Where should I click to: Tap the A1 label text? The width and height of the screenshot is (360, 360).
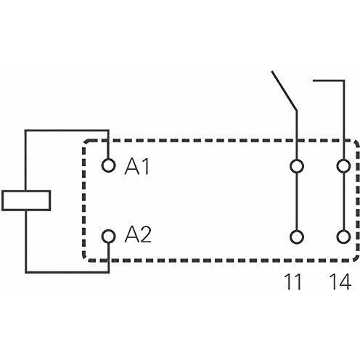[137, 166]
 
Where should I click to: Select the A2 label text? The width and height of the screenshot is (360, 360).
[138, 234]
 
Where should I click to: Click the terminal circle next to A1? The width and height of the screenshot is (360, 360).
[108, 165]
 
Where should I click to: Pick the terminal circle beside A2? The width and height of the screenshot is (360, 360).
[108, 236]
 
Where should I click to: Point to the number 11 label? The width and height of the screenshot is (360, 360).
[293, 282]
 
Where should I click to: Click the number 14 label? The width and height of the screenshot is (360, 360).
[340, 282]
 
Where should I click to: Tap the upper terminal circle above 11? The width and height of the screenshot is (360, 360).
[297, 166]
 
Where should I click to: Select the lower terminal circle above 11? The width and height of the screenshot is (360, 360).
[297, 237]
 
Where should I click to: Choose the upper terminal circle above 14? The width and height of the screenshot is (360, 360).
[343, 166]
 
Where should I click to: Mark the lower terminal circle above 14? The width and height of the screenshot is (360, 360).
[343, 237]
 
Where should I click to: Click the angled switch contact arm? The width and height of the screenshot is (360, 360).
[284, 91]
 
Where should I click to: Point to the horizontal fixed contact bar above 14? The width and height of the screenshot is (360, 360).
[329, 81]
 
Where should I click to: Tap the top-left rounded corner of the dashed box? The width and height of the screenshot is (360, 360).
[85, 143]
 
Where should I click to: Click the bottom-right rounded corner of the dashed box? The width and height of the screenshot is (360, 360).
[356, 258]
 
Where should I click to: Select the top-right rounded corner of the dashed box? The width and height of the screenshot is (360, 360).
[356, 143]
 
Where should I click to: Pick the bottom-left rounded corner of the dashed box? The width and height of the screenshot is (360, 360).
[85, 258]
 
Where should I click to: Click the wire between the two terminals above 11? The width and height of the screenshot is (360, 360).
[297, 201]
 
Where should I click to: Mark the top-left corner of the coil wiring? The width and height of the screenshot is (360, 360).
[25, 131]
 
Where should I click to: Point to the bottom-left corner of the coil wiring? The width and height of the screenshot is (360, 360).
[25, 272]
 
